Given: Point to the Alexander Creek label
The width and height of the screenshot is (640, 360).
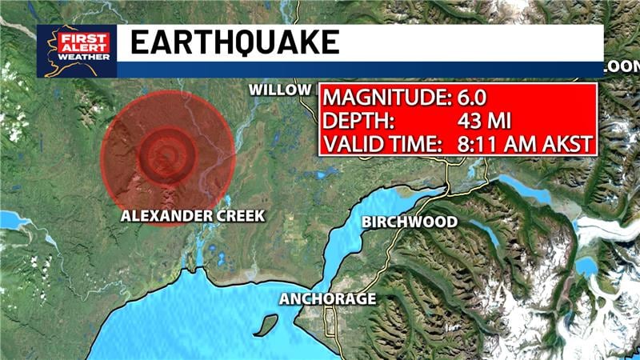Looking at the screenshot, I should coord(192,216).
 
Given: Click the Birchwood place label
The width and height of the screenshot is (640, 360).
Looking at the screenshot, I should coord(410,222).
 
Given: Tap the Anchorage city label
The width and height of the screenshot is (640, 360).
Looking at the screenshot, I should coord(327,299).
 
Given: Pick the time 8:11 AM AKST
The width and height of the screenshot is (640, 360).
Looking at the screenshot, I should coord(519,144).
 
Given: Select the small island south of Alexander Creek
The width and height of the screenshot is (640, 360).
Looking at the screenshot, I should coord(265,325).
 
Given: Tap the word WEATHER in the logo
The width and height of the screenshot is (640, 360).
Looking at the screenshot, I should coord(77,57).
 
